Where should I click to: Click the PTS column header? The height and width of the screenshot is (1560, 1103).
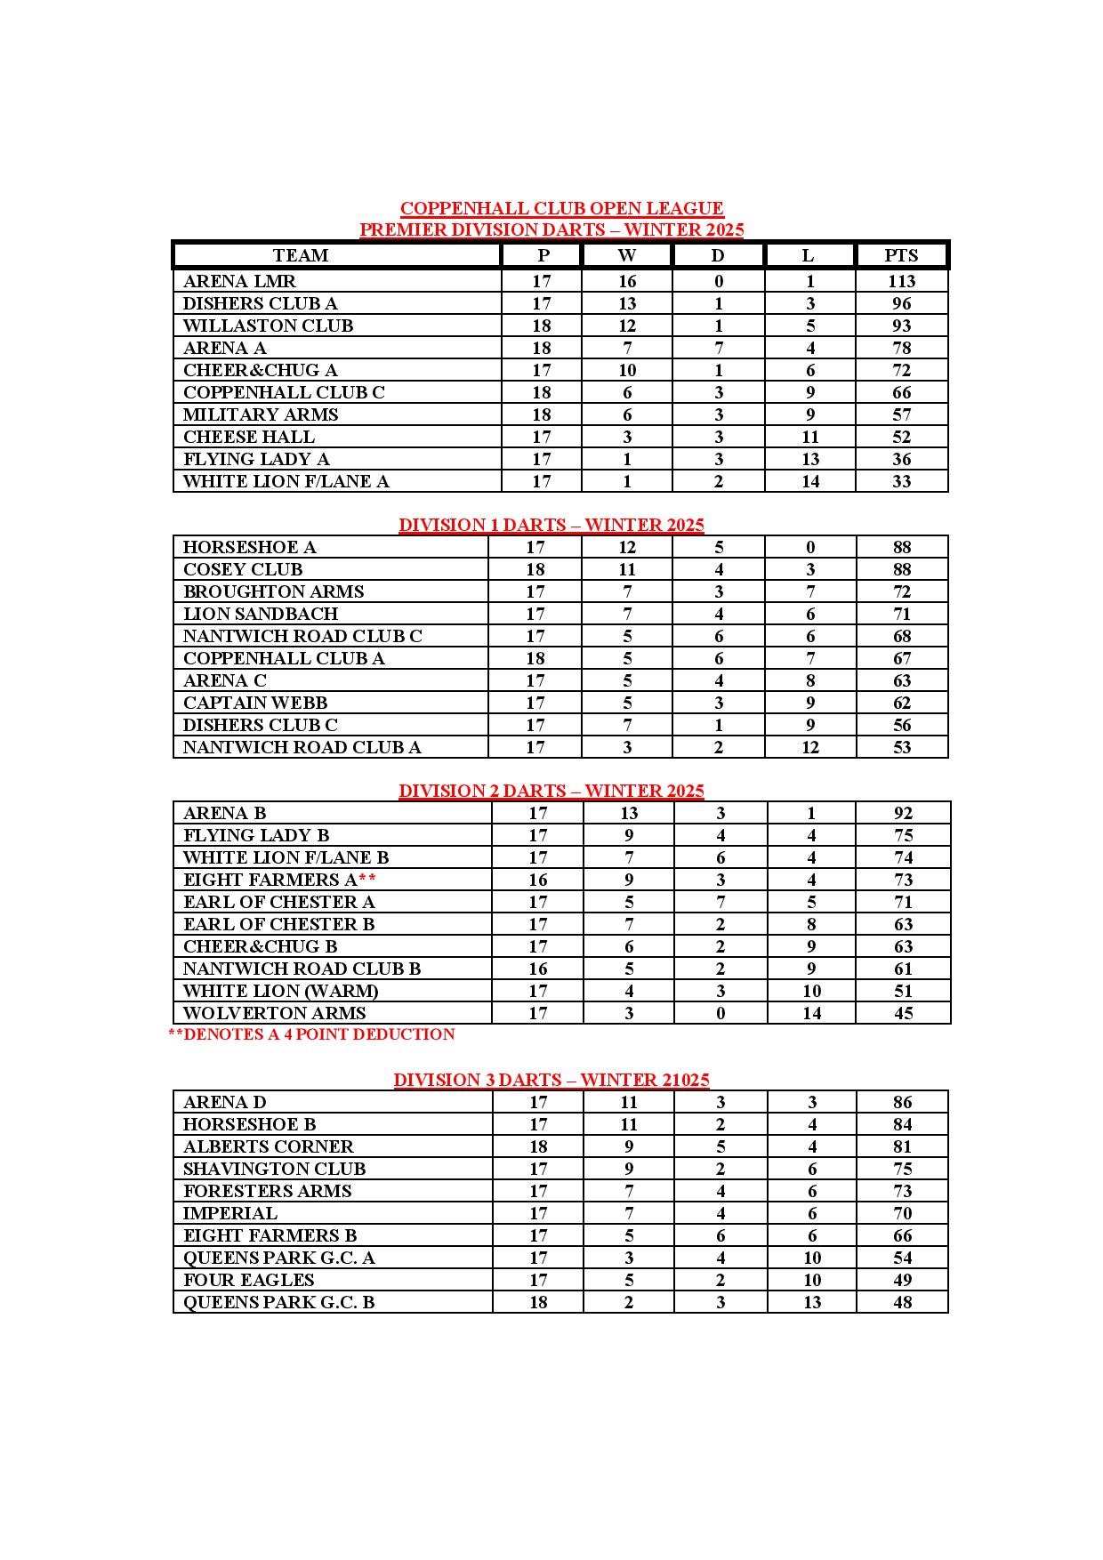(901, 256)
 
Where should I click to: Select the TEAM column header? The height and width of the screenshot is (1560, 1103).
(301, 256)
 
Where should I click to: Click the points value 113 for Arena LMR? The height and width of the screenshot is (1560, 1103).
(901, 282)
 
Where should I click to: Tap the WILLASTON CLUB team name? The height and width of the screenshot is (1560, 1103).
(268, 326)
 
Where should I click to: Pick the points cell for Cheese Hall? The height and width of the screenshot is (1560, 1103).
(901, 438)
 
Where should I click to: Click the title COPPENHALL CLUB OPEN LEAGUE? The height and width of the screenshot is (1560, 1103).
(561, 209)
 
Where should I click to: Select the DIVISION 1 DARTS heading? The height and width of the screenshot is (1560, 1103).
(551, 525)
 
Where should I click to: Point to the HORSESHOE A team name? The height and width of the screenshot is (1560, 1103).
(250, 548)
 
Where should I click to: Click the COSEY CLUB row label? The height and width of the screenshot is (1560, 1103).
(243, 570)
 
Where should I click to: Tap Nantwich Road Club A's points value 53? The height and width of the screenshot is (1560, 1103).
(902, 748)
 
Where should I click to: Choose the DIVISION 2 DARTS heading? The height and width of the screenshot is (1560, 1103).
(551, 791)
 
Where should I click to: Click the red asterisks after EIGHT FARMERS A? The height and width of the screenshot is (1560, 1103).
(367, 880)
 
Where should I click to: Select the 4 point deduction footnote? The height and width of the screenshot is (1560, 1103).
(311, 1034)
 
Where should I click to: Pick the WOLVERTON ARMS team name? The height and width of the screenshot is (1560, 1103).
(274, 1013)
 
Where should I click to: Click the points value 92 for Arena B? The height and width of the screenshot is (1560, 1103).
(903, 814)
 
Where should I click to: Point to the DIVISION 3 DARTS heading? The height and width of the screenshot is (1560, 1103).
(551, 1080)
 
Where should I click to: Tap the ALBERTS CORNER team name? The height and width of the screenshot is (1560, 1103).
(268, 1147)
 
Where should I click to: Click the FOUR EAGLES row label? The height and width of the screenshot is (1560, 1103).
(248, 1281)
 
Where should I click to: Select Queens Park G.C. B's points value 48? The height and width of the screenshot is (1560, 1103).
(902, 1303)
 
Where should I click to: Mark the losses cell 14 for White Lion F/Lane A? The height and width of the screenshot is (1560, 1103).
(809, 482)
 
